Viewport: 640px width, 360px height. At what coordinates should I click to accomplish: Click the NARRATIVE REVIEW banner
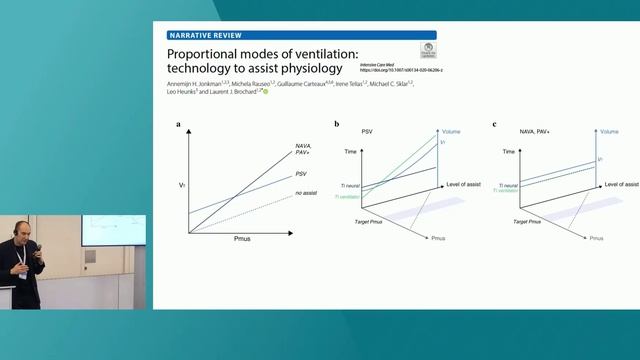(204, 34)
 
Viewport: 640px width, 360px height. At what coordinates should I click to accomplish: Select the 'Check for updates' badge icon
(428, 49)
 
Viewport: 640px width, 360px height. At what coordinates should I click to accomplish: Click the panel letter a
(179, 124)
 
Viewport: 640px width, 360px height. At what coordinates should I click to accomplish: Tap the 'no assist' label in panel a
(305, 192)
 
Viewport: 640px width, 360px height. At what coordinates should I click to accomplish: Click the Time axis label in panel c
(510, 150)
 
